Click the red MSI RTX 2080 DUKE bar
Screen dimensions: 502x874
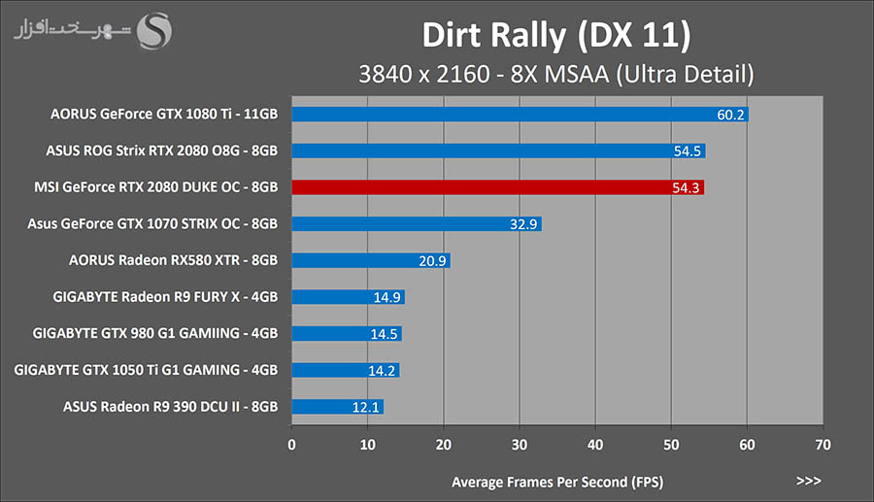point(497,187)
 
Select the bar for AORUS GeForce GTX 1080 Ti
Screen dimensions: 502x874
point(520,115)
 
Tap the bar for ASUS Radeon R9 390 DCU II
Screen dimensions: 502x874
point(337,407)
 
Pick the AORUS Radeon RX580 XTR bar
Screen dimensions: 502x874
point(370,260)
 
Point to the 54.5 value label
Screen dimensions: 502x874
point(686,151)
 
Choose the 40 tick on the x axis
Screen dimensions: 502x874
point(595,446)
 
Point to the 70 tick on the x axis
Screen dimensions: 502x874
point(823,446)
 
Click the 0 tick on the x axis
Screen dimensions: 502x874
point(292,446)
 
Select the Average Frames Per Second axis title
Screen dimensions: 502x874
point(557,482)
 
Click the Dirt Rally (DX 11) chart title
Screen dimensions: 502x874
point(555,35)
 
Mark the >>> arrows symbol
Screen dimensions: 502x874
point(808,481)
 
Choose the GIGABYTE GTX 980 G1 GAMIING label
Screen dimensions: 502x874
point(155,333)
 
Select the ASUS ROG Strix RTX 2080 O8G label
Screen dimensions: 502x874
point(162,151)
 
